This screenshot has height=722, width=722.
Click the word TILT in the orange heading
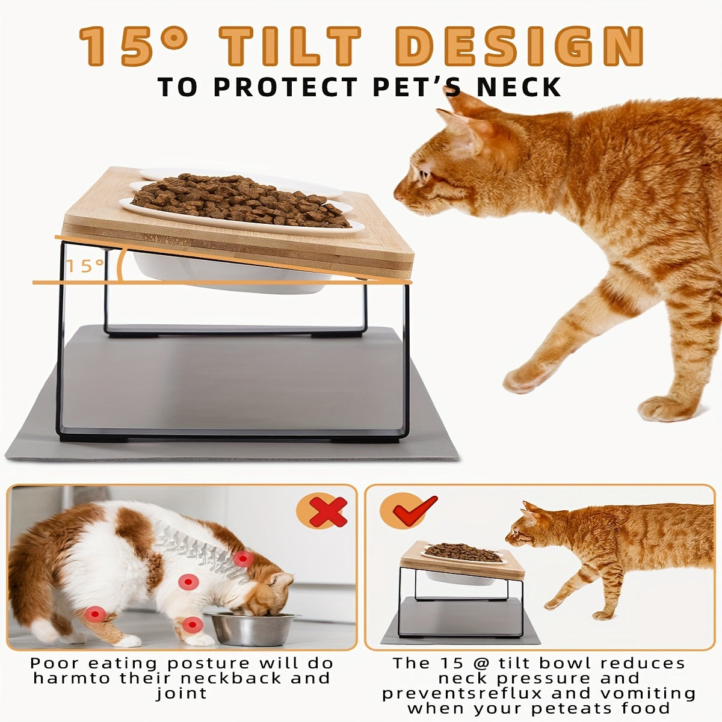click(x=289, y=46)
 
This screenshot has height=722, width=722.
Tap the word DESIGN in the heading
click(x=519, y=46)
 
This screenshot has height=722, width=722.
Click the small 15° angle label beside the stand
click(x=85, y=266)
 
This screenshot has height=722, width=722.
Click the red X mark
click(x=328, y=512)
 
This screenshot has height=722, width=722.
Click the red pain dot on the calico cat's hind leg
click(x=96, y=614)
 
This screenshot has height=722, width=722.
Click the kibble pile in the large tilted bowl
click(x=240, y=202)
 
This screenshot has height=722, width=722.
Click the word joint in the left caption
click(x=181, y=693)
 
